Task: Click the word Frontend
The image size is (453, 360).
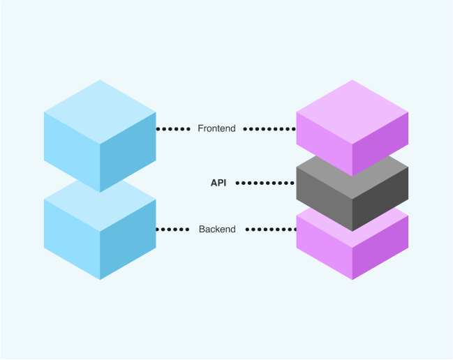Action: click(216, 128)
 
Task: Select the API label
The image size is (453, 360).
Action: click(218, 183)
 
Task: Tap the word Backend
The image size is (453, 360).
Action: click(217, 229)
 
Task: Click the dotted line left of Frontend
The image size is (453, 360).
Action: click(172, 129)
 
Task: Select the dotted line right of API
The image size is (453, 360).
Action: click(266, 183)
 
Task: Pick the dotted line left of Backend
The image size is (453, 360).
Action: click(172, 229)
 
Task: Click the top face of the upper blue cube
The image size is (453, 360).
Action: click(100, 112)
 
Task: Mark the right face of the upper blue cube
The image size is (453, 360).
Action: click(128, 150)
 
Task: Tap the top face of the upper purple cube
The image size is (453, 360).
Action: click(352, 112)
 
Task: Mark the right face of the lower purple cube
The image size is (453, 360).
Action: click(380, 244)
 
